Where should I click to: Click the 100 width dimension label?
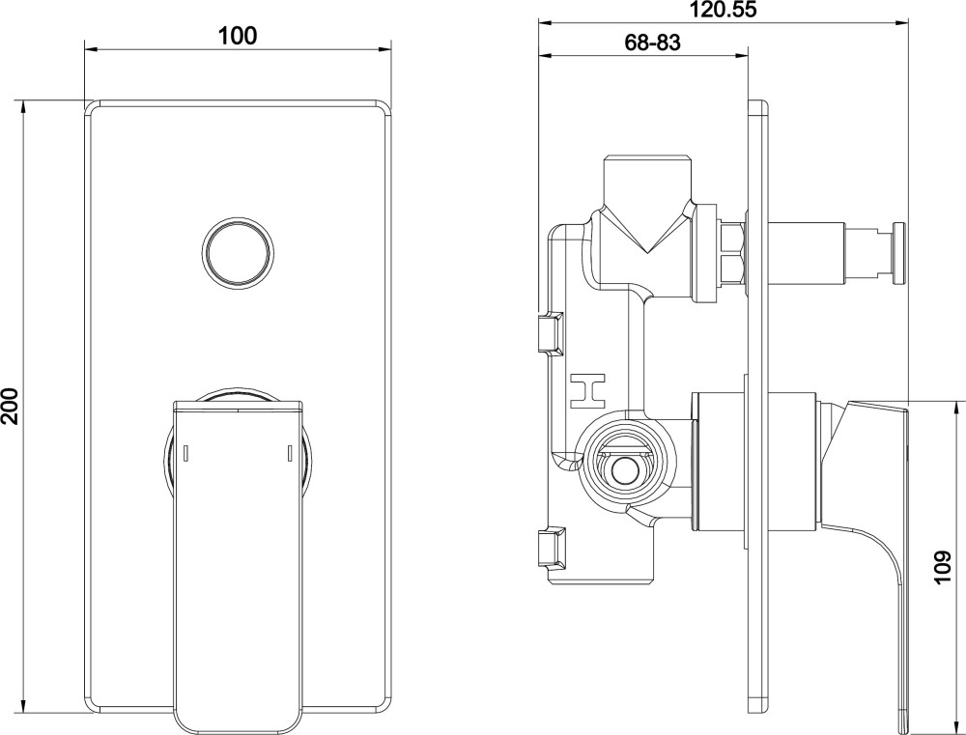tap(238, 36)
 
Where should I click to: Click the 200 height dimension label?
tap(11, 406)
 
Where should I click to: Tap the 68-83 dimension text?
tap(652, 42)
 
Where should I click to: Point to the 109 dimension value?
tap(943, 566)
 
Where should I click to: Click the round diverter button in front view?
tap(238, 251)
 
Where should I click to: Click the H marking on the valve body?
tap(587, 390)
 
